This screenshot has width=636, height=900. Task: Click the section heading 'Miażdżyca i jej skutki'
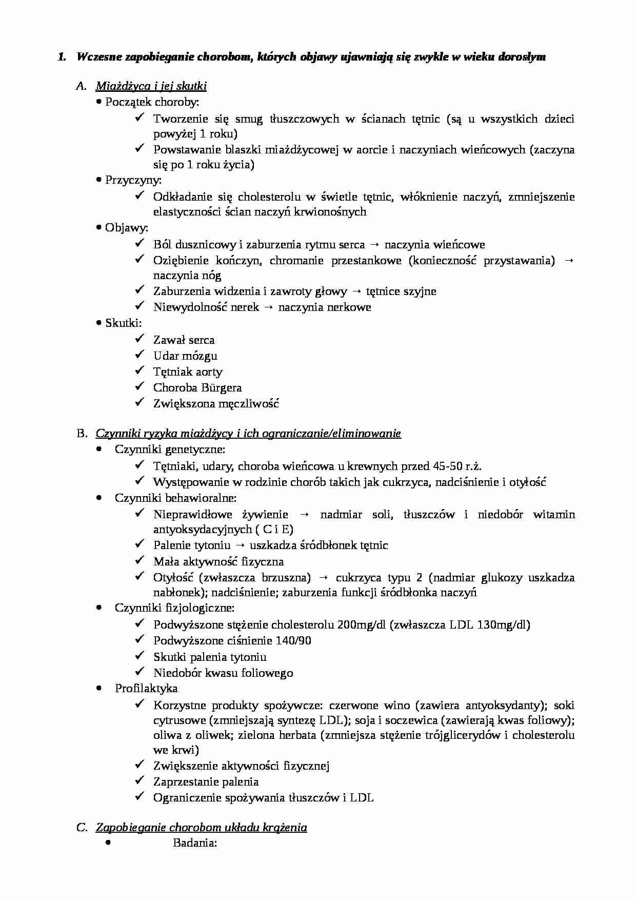pyautogui.click(x=151, y=86)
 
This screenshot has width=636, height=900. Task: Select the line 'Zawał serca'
pyautogui.click(x=184, y=340)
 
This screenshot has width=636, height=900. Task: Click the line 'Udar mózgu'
pyautogui.click(x=185, y=356)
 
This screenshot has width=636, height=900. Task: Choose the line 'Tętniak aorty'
pyautogui.click(x=187, y=372)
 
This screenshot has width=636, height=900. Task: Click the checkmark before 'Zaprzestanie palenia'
pyautogui.click(x=140, y=781)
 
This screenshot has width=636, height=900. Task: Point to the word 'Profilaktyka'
pyautogui.click(x=146, y=689)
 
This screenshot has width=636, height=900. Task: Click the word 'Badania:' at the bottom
pyautogui.click(x=195, y=843)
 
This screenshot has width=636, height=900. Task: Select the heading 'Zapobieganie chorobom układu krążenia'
pyautogui.click(x=201, y=827)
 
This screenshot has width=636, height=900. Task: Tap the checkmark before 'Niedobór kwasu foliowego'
pyautogui.click(x=140, y=672)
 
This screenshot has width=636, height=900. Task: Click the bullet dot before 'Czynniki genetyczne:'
pyautogui.click(x=98, y=450)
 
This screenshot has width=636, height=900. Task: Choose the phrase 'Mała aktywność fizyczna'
pyautogui.click(x=218, y=562)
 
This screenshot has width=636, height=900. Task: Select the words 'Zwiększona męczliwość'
pyautogui.click(x=216, y=404)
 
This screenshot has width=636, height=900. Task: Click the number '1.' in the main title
pyautogui.click(x=62, y=57)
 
